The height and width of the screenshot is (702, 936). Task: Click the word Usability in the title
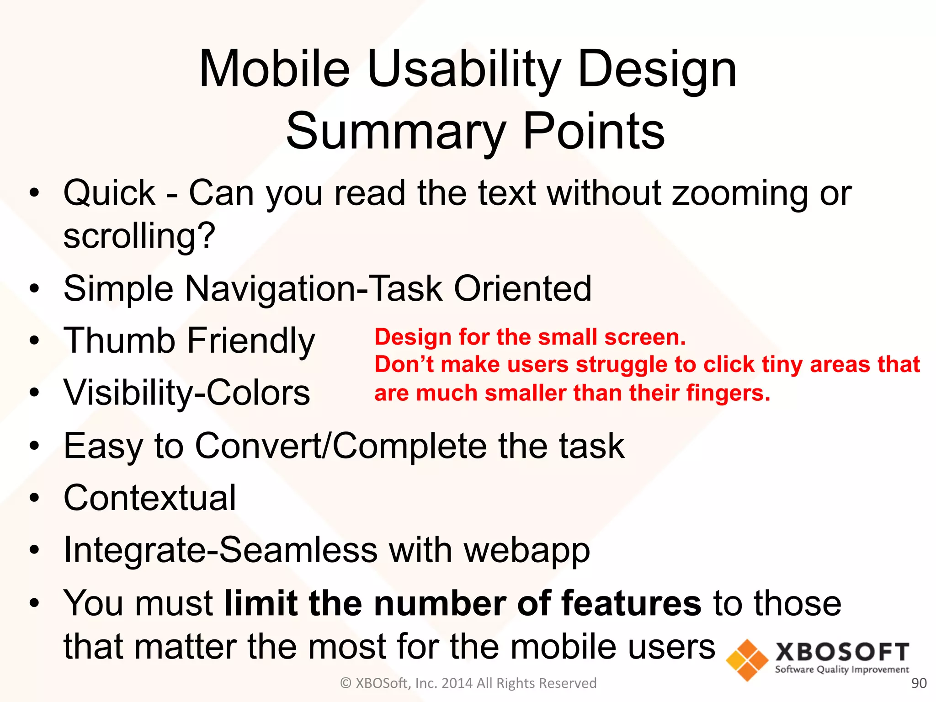point(464,69)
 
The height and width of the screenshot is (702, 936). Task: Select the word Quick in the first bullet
point(110,193)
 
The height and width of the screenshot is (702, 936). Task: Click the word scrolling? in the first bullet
point(139,236)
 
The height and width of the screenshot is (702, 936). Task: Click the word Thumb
point(119,341)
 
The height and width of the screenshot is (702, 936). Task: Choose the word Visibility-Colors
point(187,393)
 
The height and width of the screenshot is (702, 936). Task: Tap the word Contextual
point(150,498)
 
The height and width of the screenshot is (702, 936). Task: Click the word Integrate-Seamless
point(220,550)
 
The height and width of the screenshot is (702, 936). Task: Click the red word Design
point(413,338)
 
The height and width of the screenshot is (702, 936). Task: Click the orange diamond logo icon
point(747,660)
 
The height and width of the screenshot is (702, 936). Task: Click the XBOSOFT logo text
point(842,653)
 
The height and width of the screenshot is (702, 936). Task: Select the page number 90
point(919,683)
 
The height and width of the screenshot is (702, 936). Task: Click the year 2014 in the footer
point(457,683)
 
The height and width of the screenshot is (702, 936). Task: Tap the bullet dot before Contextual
point(35,498)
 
